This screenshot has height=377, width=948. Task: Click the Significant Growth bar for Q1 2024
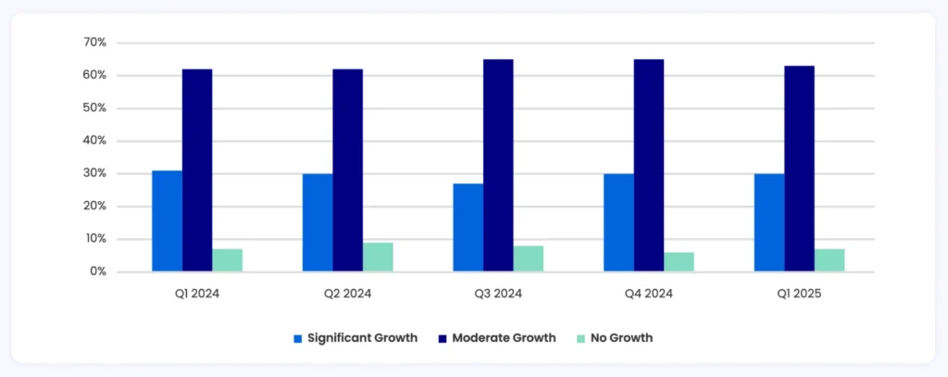pyautogui.click(x=167, y=221)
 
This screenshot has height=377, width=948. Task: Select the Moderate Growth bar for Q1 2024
pyautogui.click(x=197, y=170)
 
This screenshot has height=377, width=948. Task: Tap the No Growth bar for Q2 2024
pyautogui.click(x=378, y=258)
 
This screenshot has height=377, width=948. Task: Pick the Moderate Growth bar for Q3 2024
pyautogui.click(x=498, y=166)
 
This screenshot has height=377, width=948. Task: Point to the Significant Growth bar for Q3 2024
pyautogui.click(x=468, y=228)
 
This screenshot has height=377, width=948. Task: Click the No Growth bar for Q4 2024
pyautogui.click(x=679, y=262)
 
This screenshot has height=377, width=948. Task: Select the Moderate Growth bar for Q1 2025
pyautogui.click(x=799, y=169)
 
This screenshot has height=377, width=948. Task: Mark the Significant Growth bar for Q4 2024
pyautogui.click(x=618, y=223)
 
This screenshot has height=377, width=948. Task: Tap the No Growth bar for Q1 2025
pyautogui.click(x=829, y=260)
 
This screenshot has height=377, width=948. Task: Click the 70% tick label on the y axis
pyautogui.click(x=95, y=43)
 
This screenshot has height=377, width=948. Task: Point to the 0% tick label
pyautogui.click(x=98, y=272)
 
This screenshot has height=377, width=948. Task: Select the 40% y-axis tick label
pyautogui.click(x=95, y=141)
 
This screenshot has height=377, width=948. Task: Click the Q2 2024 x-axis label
pyautogui.click(x=347, y=295)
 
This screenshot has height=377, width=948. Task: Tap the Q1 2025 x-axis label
pyautogui.click(x=799, y=295)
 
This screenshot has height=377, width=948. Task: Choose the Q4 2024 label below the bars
pyautogui.click(x=648, y=295)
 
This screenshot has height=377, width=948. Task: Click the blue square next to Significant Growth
pyautogui.click(x=298, y=338)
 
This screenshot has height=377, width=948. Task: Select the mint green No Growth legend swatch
pyautogui.click(x=580, y=338)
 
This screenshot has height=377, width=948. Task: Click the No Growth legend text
pyautogui.click(x=621, y=338)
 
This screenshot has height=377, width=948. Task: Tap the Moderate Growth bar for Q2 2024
pyautogui.click(x=347, y=170)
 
